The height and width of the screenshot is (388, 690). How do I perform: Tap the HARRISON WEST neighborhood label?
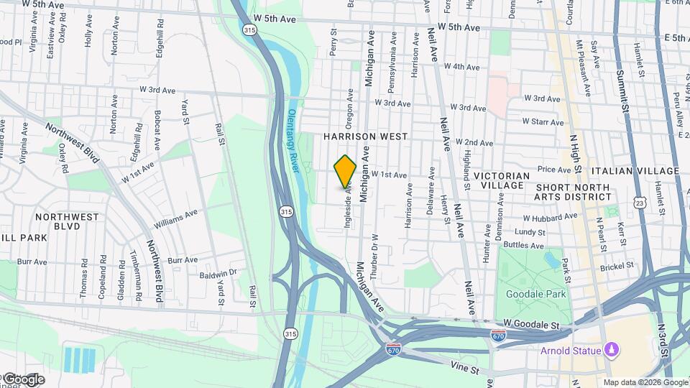365,136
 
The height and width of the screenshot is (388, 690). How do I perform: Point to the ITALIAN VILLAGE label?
635,171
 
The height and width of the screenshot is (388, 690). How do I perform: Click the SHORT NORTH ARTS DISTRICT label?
573,193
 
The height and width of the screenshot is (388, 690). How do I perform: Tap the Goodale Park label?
535,294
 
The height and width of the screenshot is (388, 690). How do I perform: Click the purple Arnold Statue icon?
612,350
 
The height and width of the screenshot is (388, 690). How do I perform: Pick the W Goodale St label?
531,325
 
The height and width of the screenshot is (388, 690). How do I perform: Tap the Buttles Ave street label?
524,245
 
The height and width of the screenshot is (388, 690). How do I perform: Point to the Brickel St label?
619,265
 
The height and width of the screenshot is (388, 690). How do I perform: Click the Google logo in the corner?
23,379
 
